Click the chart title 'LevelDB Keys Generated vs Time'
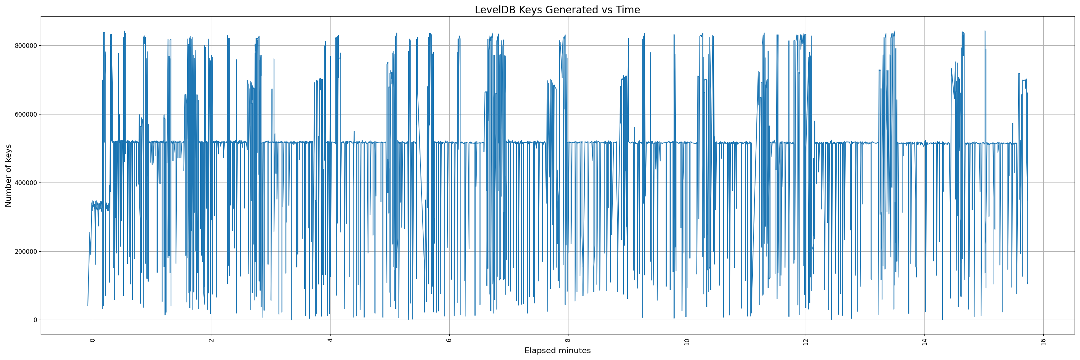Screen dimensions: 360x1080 pyautogui.click(x=557, y=10)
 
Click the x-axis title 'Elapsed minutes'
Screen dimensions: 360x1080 pyautogui.click(x=557, y=351)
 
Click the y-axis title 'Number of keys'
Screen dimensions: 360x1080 pyautogui.click(x=8, y=176)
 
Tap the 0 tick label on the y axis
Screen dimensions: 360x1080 pyautogui.click(x=35, y=320)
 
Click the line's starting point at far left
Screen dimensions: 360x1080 pyautogui.click(x=87, y=306)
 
